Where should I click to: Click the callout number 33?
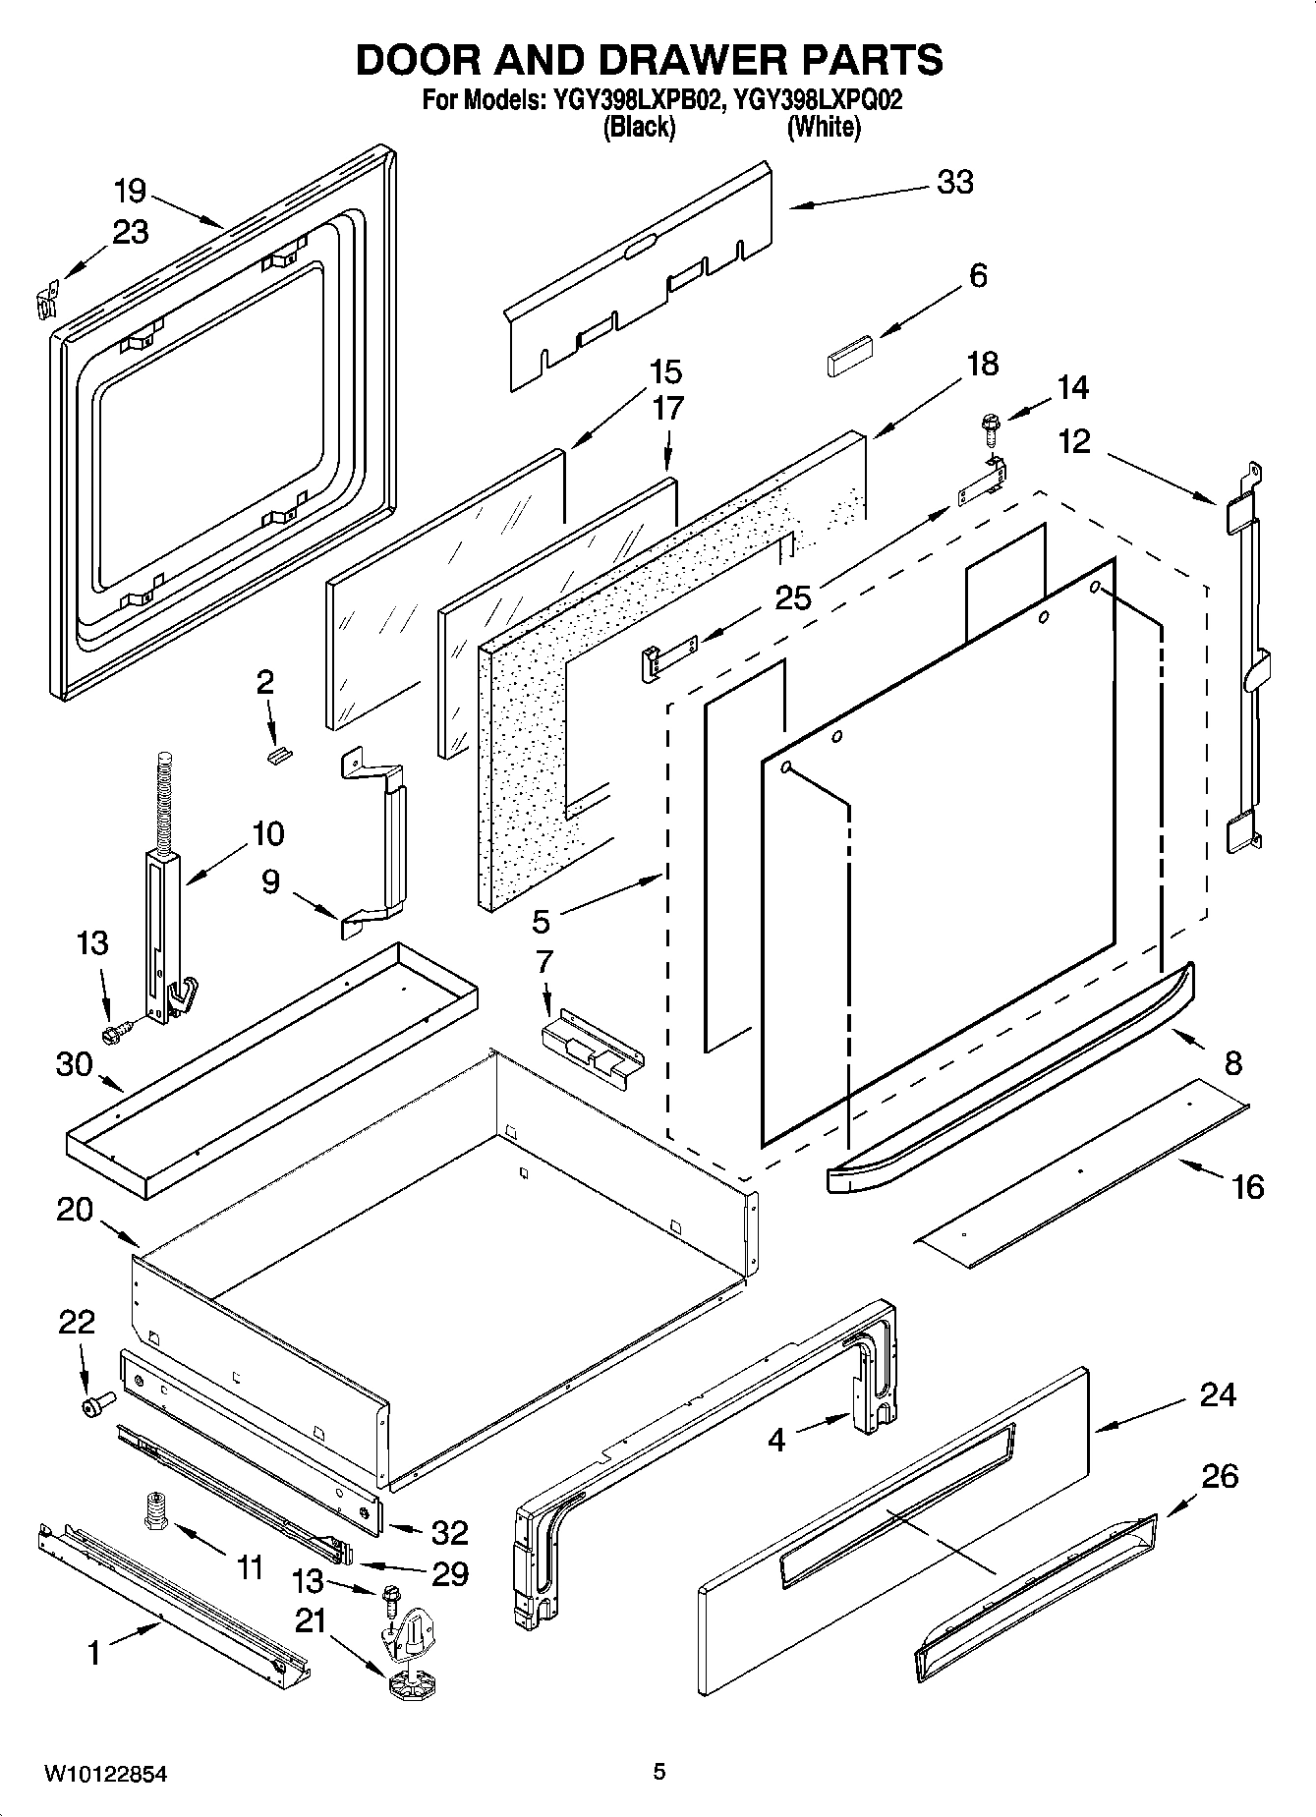click(x=954, y=183)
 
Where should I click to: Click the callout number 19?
click(x=130, y=191)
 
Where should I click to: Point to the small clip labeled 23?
click(x=42, y=299)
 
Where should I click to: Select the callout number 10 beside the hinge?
click(x=267, y=833)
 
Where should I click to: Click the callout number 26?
click(x=1219, y=1476)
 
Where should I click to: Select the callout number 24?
click(x=1217, y=1394)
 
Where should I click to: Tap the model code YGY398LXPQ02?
click(x=819, y=100)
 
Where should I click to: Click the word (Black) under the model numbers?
click(x=639, y=127)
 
